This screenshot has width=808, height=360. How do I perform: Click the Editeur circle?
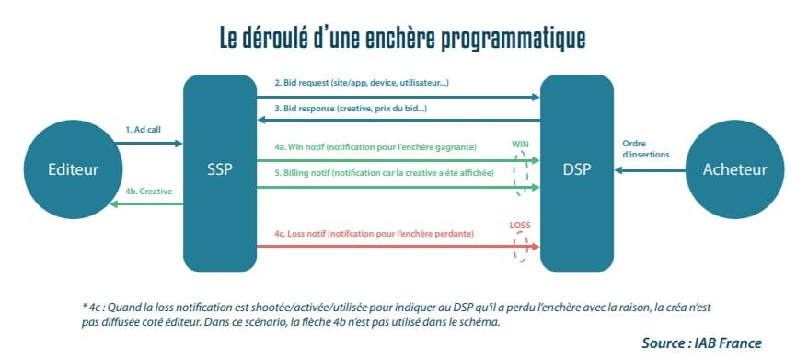(73, 169)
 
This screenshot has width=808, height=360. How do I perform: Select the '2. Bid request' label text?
(361, 83)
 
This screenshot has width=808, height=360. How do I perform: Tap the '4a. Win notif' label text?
(375, 147)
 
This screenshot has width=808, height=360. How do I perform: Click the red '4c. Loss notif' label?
(374, 235)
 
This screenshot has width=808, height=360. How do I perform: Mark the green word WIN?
(521, 145)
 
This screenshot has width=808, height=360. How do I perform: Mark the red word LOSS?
(521, 225)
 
